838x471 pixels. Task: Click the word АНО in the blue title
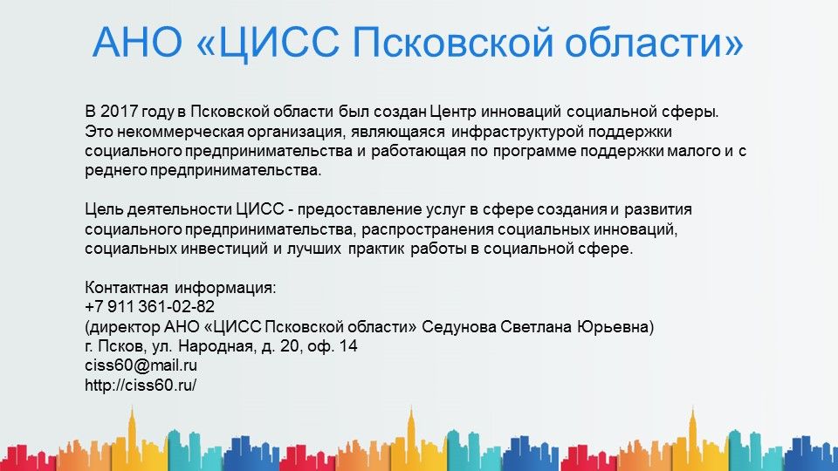[137, 41]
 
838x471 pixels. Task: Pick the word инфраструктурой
[518, 132]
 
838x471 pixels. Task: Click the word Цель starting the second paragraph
[104, 208]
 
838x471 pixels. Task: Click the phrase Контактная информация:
[181, 287]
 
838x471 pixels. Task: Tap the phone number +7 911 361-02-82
[149, 306]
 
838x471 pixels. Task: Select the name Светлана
[536, 326]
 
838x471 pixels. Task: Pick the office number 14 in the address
[348, 346]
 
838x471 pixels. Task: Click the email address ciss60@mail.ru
[141, 365]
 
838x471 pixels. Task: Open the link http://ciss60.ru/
[141, 385]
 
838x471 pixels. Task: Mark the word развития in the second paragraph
[658, 208]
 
